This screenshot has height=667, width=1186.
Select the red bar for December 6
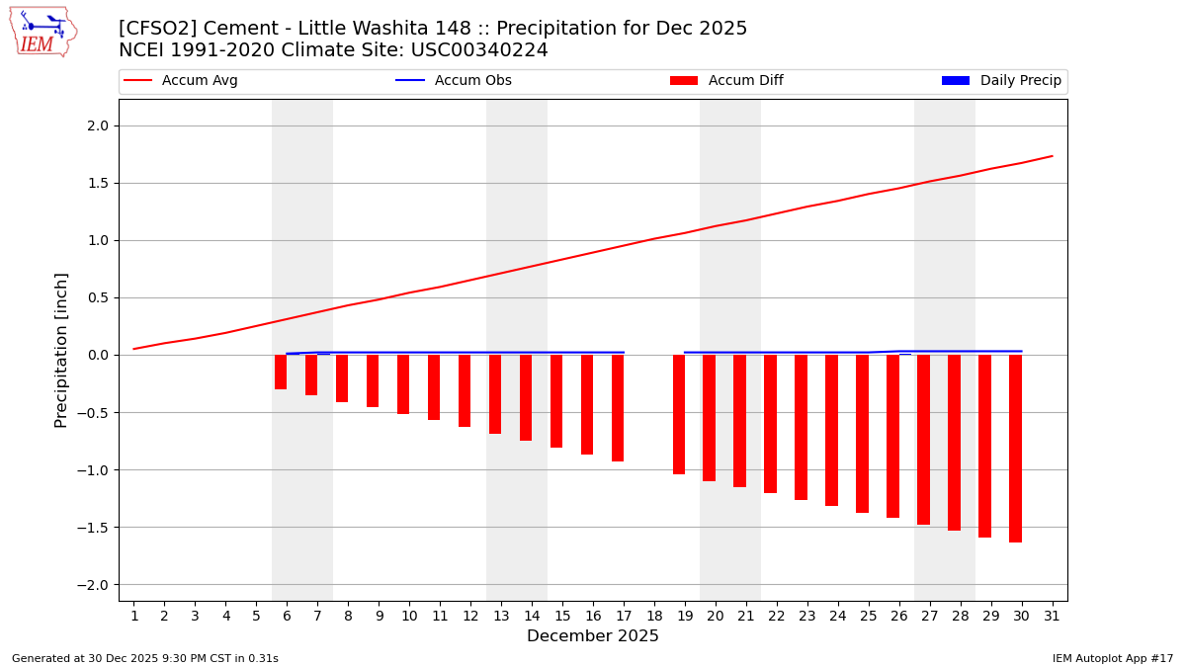(281, 373)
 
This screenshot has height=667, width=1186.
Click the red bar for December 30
(1015, 449)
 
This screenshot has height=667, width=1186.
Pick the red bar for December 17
(618, 408)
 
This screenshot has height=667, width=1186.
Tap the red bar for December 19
(679, 415)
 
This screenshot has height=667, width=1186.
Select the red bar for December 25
(862, 434)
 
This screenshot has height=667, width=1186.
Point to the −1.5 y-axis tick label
(95, 527)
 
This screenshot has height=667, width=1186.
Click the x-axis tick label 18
(654, 616)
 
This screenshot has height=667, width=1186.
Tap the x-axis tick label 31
(1052, 616)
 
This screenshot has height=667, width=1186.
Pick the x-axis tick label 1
(133, 616)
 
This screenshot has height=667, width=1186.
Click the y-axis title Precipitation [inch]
(61, 350)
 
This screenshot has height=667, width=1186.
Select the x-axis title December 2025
(593, 636)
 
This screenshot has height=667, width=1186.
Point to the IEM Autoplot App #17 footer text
(1112, 658)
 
